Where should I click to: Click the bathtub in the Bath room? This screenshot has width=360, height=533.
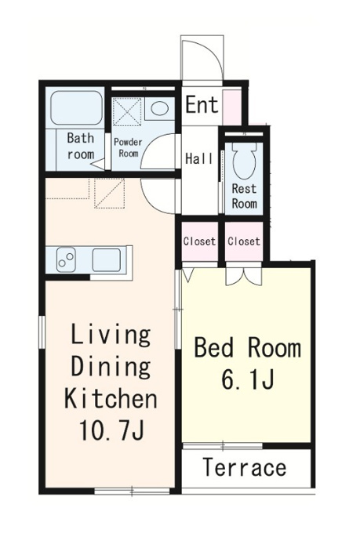[77, 107]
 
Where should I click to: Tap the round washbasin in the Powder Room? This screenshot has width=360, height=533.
[159, 109]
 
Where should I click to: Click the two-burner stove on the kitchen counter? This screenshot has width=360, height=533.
[66, 259]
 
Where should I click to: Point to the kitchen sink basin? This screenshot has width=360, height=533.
[107, 260]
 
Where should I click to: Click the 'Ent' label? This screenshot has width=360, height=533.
[202, 104]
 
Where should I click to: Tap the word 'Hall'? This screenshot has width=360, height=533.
[199, 158]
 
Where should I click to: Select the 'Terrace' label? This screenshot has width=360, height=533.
[245, 467]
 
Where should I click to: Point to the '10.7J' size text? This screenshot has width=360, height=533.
[111, 430]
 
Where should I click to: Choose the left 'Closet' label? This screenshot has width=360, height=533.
[199, 241]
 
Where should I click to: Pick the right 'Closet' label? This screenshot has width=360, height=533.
[244, 241]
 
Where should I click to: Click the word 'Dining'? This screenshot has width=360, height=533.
[111, 367]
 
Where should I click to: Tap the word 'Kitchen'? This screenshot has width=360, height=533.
[111, 398]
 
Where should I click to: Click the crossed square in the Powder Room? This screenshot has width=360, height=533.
[126, 111]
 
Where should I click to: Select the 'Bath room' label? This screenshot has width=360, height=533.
[81, 146]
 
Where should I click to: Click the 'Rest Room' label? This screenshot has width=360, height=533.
[244, 196]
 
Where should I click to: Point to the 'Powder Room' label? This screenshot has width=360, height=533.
[128, 147]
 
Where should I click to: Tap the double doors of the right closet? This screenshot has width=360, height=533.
[244, 275]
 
